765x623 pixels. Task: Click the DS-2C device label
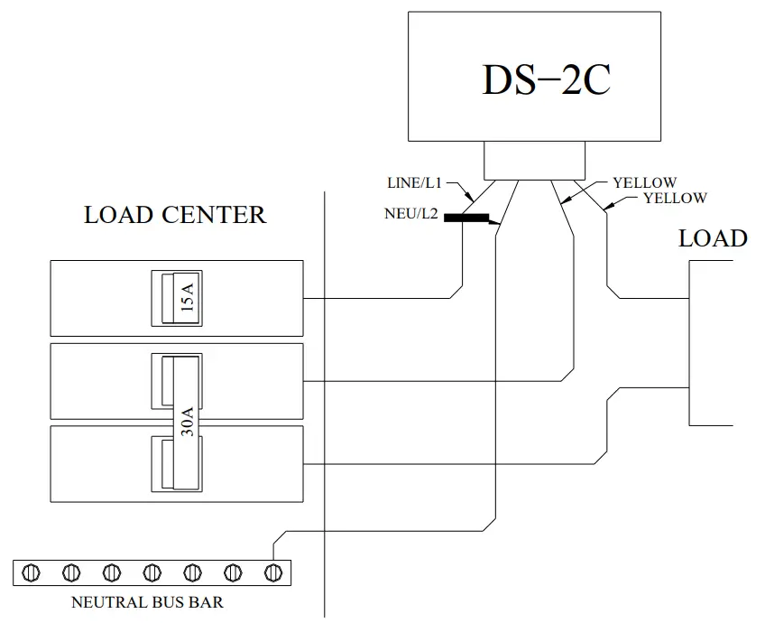click(546, 80)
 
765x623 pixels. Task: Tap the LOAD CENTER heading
click(175, 215)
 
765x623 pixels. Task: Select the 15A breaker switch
click(176, 296)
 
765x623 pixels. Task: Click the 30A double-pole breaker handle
click(188, 422)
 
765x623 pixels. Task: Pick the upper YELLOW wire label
click(644, 183)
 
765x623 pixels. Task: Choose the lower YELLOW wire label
click(675, 198)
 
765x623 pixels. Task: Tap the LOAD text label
click(713, 238)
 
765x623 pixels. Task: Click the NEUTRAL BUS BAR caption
click(147, 602)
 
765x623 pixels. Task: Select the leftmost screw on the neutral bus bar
click(33, 572)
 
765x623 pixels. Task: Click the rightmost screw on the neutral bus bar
click(272, 572)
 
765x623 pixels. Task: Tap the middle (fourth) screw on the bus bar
click(152, 572)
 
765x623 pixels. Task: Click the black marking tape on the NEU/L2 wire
click(470, 218)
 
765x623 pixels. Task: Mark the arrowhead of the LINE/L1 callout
click(474, 199)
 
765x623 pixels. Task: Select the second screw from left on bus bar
click(73, 572)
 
